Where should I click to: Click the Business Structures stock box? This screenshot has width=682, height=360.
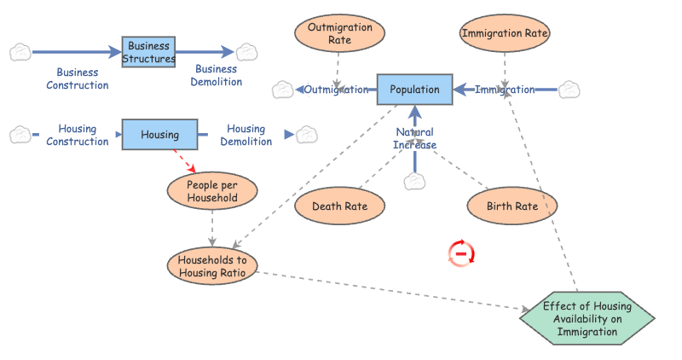[148, 53]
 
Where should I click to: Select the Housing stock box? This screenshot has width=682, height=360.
[159, 135]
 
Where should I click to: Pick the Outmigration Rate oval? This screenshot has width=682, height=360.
[339, 33]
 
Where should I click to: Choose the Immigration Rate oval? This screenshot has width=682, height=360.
[505, 34]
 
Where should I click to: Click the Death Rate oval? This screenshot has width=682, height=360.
[339, 206]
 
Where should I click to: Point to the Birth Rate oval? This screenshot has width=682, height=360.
[511, 206]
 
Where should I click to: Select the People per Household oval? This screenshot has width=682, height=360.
[211, 191]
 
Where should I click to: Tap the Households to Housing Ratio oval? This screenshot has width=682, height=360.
[212, 266]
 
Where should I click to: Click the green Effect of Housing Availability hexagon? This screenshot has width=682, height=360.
[587, 319]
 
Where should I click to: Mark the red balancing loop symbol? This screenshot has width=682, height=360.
[461, 253]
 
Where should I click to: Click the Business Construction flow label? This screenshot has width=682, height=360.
[78, 78]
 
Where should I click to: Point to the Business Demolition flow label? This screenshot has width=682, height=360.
[216, 75]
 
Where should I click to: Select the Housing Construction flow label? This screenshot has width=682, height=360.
[77, 135]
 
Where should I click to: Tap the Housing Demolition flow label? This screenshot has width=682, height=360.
[246, 135]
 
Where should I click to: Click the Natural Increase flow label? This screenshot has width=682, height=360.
[414, 138]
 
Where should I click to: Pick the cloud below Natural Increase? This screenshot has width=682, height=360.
[414, 182]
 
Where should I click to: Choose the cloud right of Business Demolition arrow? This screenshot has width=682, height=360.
[247, 52]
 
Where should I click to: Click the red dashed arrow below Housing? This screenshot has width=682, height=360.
[185, 161]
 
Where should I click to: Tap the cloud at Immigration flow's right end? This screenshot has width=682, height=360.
[569, 89]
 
